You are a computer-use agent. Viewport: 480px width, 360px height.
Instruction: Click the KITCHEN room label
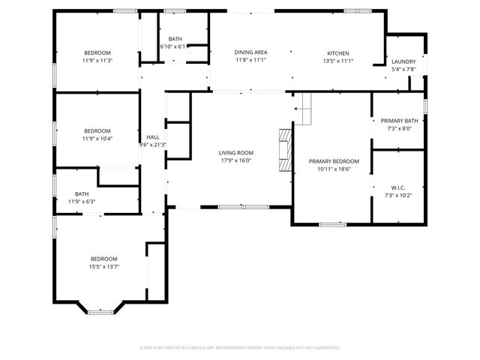(x=337, y=52)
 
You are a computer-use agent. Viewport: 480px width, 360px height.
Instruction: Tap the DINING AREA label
(x=251, y=52)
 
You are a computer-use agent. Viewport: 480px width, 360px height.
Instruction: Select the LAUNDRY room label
(x=403, y=61)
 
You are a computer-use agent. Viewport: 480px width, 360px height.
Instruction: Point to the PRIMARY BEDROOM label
(x=334, y=161)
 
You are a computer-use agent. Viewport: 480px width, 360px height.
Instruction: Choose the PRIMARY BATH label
(x=399, y=121)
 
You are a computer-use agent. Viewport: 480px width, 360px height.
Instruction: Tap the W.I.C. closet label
(x=398, y=187)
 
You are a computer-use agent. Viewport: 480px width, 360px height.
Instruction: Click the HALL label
(x=153, y=137)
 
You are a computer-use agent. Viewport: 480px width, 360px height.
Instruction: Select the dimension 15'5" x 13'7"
(x=104, y=266)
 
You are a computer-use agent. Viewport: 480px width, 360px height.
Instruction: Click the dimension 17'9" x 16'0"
(x=236, y=160)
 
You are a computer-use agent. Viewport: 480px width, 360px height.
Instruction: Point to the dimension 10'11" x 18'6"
(x=334, y=169)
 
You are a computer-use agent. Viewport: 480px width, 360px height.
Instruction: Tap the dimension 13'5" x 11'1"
(x=337, y=60)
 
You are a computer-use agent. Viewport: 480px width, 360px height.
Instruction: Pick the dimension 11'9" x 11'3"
(x=97, y=60)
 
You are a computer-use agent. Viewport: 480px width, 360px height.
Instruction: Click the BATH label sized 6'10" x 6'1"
(x=175, y=39)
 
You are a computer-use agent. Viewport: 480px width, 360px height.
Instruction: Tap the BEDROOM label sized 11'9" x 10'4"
(x=97, y=130)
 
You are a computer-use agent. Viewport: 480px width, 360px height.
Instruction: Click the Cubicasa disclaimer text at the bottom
(x=240, y=347)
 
